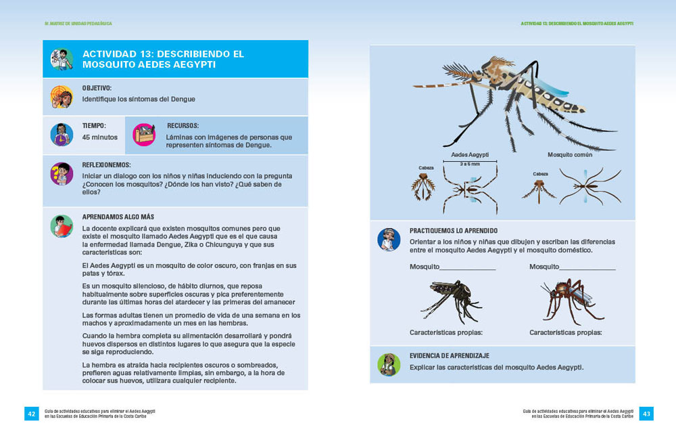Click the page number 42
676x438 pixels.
click(x=31, y=413)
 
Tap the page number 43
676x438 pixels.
click(x=646, y=413)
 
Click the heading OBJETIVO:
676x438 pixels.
click(x=97, y=88)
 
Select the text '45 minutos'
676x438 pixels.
click(x=99, y=137)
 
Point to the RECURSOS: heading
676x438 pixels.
click(x=183, y=126)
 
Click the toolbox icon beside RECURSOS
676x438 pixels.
click(x=144, y=134)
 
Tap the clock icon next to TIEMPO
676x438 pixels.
click(x=62, y=134)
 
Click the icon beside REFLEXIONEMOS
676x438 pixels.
click(x=62, y=174)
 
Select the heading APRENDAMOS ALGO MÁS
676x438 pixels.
click(x=118, y=217)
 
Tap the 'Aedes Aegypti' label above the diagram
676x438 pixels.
click(x=469, y=155)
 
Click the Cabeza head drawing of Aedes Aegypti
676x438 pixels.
click(x=424, y=186)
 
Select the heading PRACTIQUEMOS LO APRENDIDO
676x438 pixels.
click(x=458, y=231)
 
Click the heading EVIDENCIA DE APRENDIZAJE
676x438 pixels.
click(x=449, y=355)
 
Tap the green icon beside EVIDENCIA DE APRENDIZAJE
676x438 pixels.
click(x=388, y=364)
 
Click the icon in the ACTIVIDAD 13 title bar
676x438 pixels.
click(x=62, y=59)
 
